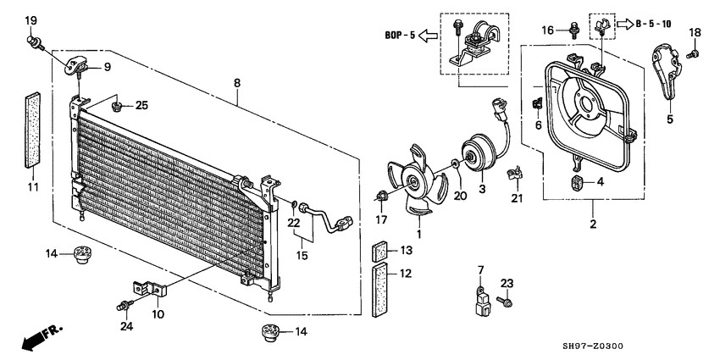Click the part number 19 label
tap(30, 19)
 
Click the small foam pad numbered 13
tap(381, 251)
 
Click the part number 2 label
tap(593, 224)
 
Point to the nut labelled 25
tap(120, 106)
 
